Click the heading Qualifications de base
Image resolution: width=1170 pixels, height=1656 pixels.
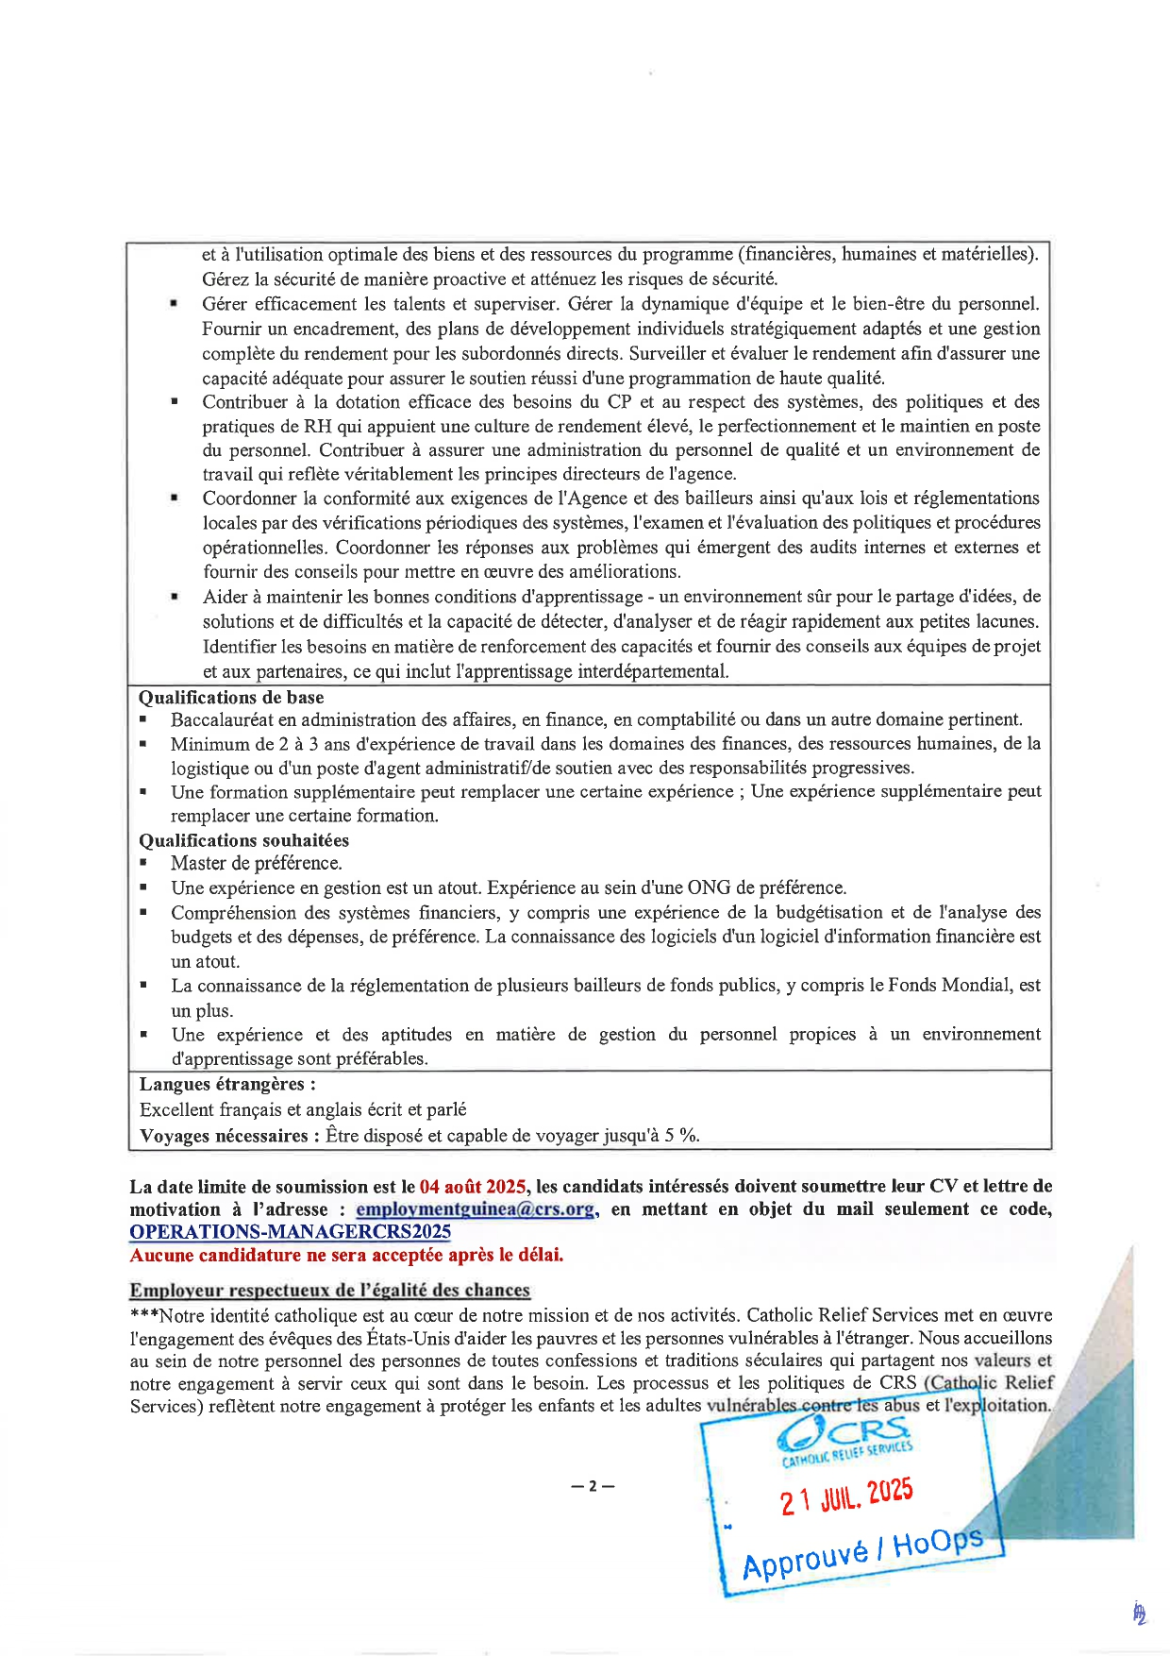(231, 698)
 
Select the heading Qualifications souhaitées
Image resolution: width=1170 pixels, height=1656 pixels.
(243, 840)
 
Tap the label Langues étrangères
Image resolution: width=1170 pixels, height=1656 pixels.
(227, 1084)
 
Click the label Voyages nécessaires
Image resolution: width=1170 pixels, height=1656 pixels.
(224, 1136)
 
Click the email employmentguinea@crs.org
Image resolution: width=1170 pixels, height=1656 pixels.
(476, 1209)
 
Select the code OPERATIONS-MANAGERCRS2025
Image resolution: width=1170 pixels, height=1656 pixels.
(291, 1232)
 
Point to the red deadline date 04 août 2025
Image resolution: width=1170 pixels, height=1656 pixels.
(474, 1187)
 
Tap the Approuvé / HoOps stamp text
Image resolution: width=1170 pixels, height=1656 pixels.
(862, 1551)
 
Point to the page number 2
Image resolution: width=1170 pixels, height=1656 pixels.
(593, 1486)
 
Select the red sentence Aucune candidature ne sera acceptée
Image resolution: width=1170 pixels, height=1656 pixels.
(346, 1256)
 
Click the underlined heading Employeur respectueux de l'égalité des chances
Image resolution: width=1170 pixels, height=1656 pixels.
(330, 1291)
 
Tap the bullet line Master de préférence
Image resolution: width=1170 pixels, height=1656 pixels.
(257, 863)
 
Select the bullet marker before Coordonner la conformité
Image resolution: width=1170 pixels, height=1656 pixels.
(175, 498)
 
